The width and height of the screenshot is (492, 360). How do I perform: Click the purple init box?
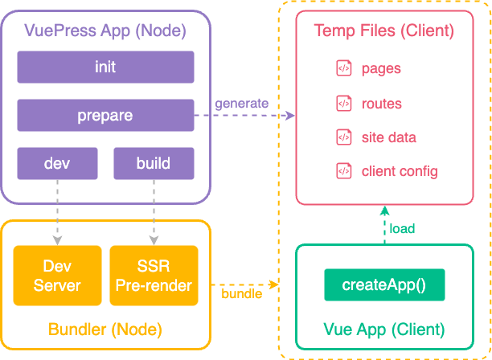pos(105,67)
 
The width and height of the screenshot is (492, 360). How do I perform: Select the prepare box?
pos(105,116)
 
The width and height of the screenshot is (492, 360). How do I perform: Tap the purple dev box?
pos(57,163)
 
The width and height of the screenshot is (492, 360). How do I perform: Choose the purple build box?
pos(153,163)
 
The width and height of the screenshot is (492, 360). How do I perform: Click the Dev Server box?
pos(57,275)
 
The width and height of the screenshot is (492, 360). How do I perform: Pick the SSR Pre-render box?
pos(153,275)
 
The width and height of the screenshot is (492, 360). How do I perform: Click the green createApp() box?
pos(383,284)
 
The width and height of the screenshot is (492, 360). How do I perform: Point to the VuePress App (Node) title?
pos(105,31)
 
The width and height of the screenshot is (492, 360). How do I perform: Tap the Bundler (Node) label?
pos(105,329)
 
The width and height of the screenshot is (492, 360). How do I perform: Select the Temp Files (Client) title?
pos(383,31)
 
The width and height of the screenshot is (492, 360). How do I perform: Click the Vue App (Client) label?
pos(383,329)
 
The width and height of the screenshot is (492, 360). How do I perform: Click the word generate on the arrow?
pos(241,104)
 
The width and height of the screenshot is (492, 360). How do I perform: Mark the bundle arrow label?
pos(241,293)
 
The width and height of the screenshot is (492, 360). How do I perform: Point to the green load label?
pos(402,228)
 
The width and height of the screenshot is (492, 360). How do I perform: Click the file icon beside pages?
pos(343,68)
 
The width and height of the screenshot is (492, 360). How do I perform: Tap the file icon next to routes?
pos(343,103)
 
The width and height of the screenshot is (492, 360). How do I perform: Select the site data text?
pos(389,137)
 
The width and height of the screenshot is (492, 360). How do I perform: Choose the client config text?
pos(400,171)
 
